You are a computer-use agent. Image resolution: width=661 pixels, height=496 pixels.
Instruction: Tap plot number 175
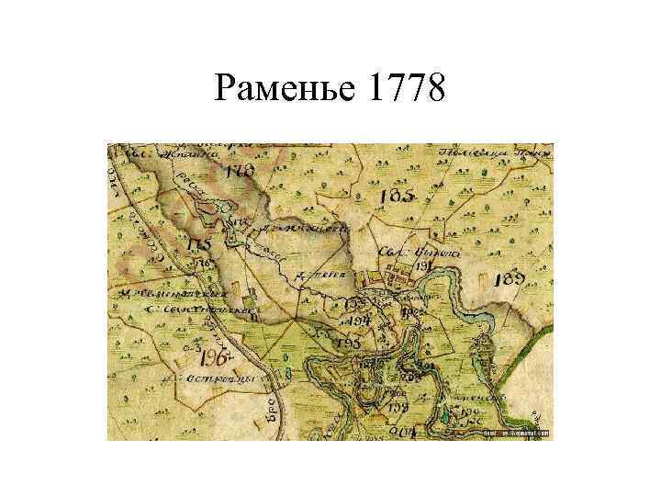click(x=198, y=246)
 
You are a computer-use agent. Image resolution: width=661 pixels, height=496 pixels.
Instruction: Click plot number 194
click(x=358, y=321)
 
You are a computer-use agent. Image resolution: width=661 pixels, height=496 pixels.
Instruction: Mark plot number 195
click(x=348, y=343)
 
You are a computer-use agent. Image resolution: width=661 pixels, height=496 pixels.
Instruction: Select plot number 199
click(x=397, y=407)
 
